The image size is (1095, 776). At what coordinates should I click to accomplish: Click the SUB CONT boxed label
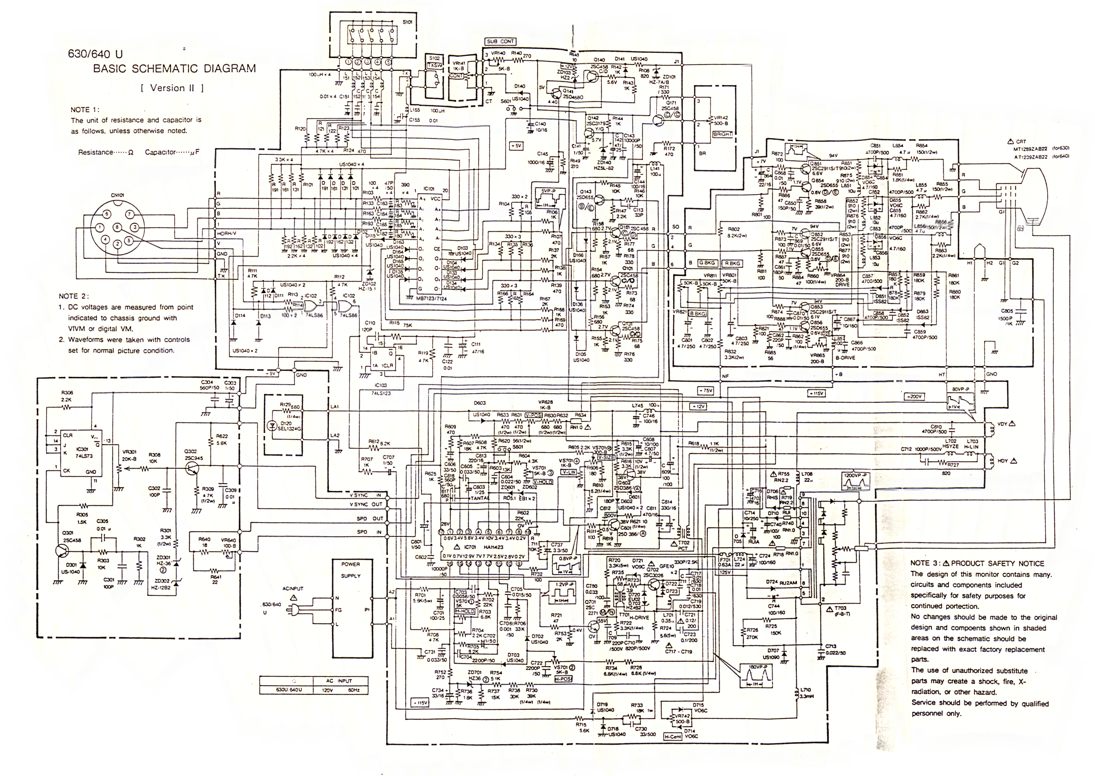point(500,42)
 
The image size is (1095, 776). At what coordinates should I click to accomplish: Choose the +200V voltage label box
point(913,397)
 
